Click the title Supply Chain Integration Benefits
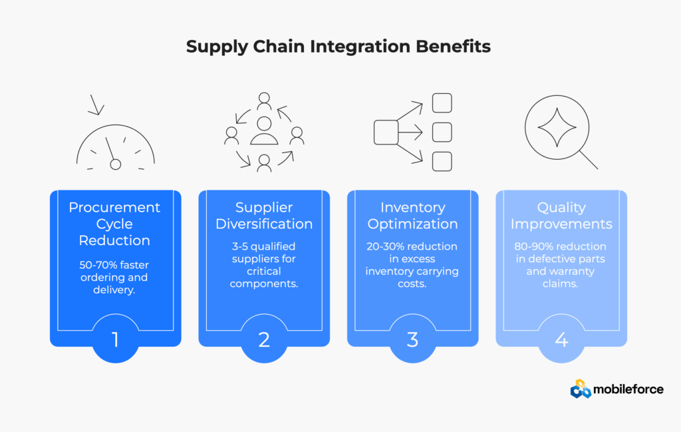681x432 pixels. pos(339,47)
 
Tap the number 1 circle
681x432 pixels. pos(115,339)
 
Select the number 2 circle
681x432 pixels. pos(264,339)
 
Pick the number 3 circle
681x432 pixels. pos(412,339)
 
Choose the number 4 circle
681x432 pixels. pos(561,339)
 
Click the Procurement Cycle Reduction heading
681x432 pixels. pos(115,224)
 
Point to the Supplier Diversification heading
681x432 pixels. pos(264,216)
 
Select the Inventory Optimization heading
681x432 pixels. pos(412,216)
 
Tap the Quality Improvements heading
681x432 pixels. pos(561,216)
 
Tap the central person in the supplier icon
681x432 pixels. pos(264,130)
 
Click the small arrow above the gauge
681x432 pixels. pos(97,105)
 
